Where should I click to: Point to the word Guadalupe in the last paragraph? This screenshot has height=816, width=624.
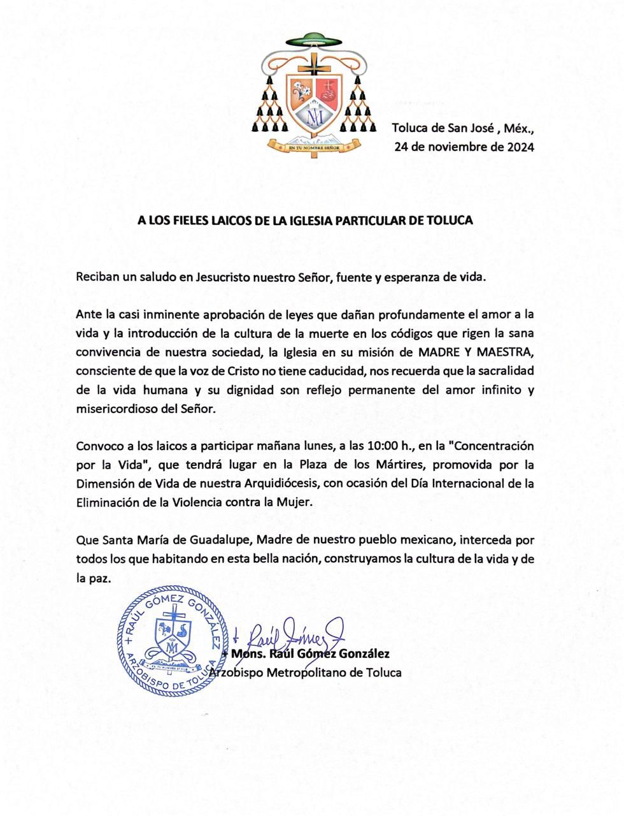click(221, 540)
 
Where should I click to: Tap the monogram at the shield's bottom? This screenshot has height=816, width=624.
click(313, 117)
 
